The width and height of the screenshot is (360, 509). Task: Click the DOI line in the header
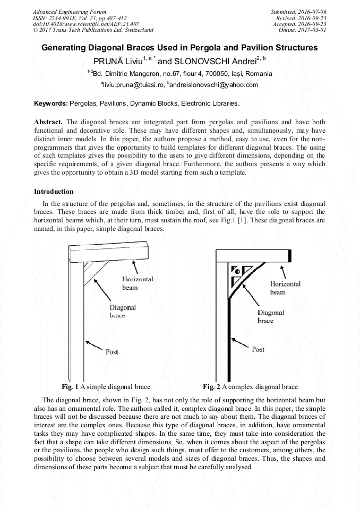click(86, 24)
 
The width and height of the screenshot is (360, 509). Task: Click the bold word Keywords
click(50, 103)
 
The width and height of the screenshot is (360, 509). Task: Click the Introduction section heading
click(54, 191)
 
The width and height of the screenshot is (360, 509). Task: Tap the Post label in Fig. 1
click(112, 352)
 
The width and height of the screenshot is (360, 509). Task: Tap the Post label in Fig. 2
click(258, 349)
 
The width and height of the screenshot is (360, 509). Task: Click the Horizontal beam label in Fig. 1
click(137, 283)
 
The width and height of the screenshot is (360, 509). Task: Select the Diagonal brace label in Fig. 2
click(271, 317)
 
